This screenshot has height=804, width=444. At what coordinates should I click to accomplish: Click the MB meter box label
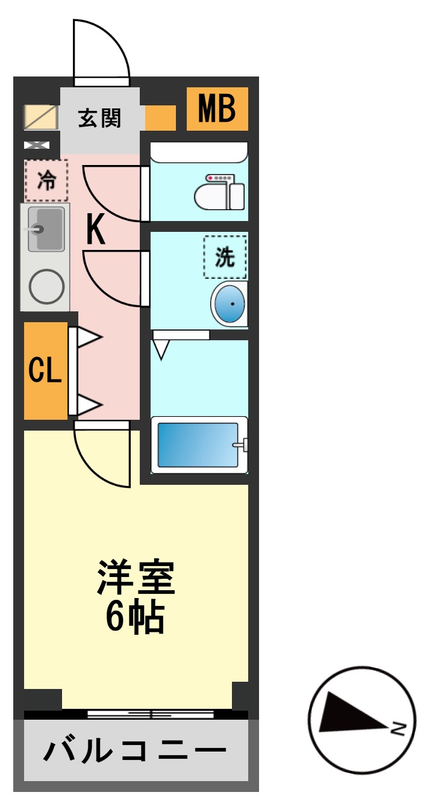(x=217, y=109)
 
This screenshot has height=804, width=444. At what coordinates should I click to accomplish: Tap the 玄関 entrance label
(x=99, y=118)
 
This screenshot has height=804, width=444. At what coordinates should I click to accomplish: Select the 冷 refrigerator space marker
(x=46, y=180)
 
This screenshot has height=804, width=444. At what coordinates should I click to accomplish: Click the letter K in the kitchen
(x=95, y=231)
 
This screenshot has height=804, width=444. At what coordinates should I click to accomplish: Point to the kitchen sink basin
(x=46, y=229)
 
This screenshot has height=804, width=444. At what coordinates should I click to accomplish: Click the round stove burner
(x=47, y=286)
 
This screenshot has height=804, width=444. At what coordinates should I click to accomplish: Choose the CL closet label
(x=46, y=371)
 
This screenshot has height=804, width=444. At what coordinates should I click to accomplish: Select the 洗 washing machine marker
(x=225, y=257)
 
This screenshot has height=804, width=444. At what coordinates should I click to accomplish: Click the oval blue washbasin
(x=230, y=304)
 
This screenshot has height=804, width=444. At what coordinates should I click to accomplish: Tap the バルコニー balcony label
(x=136, y=750)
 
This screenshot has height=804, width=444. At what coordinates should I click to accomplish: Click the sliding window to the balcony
(x=151, y=714)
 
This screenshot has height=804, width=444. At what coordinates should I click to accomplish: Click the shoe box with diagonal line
(x=40, y=117)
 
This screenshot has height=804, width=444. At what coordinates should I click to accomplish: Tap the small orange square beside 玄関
(x=160, y=118)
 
